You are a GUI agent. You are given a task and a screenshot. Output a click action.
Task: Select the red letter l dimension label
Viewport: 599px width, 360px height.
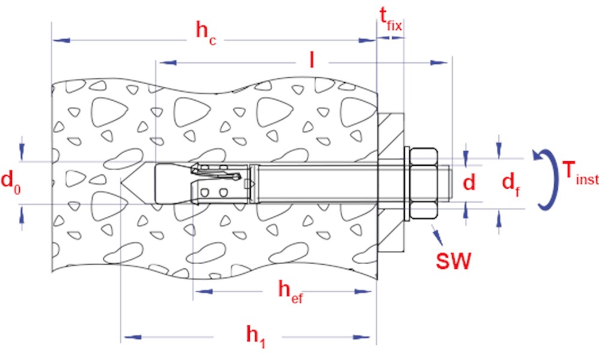pos(311,60)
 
